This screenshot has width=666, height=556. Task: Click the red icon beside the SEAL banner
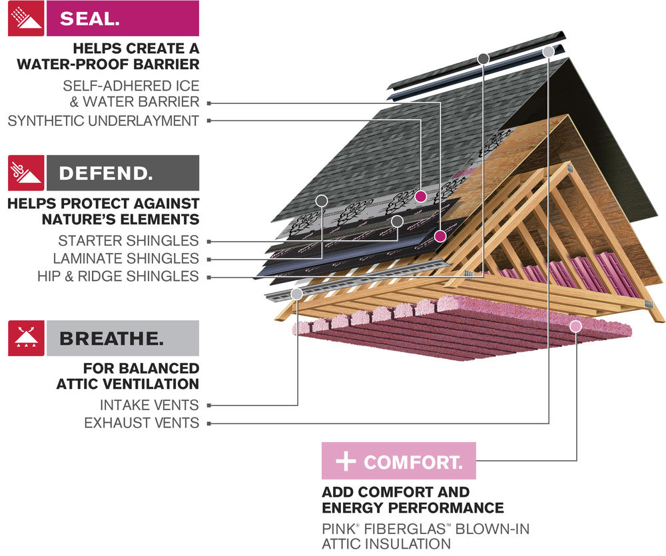26,18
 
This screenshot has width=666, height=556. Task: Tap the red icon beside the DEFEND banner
26,173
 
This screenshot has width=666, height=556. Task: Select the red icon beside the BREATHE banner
26,338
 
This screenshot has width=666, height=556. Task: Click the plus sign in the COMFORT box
346,461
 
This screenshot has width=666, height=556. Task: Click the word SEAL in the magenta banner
90,19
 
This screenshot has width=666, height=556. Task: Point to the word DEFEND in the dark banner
106,173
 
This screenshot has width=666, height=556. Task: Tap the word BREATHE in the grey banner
111,338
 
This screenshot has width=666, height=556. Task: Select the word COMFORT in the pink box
414,462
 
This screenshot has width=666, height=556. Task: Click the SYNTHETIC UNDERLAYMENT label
103,121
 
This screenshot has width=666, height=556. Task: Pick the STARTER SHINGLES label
129,241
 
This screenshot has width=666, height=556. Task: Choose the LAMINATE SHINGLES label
126,258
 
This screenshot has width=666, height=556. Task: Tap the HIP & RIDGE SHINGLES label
118,276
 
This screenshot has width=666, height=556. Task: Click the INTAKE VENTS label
149,406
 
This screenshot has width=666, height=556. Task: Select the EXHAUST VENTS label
141,423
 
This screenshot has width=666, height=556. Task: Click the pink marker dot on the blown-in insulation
576,326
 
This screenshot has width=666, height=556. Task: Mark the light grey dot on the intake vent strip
297,294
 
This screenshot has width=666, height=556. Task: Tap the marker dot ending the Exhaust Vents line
548,52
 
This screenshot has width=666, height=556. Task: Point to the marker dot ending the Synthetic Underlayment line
420,196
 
